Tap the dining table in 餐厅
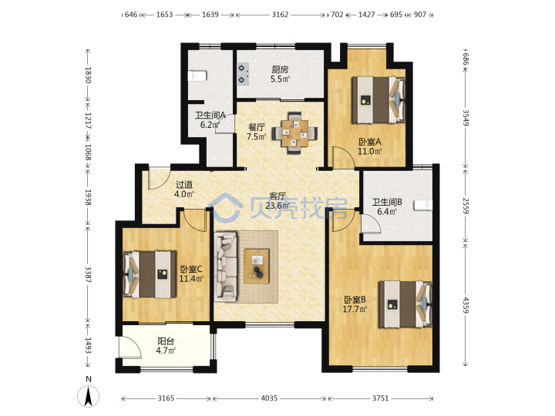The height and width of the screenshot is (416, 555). click(294, 133)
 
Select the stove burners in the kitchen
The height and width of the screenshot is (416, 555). click(243, 74)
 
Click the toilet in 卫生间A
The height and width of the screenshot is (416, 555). click(197, 75)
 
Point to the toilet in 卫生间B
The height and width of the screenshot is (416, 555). click(423, 205)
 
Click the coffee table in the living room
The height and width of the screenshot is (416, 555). click(257, 266)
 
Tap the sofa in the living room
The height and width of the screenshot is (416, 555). click(225, 267)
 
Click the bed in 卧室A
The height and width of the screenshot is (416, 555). click(378, 99)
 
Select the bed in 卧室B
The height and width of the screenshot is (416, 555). click(405, 304)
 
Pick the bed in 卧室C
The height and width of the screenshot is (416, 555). click(150, 274)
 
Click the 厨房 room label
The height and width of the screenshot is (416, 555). click(280, 69)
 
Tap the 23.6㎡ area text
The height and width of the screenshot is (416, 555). click(277, 206)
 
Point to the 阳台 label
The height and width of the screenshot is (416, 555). click(166, 341)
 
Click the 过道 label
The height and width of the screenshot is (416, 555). click(184, 184)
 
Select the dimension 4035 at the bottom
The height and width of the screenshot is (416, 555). click(269, 398)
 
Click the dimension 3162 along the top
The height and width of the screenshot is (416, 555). click(280, 15)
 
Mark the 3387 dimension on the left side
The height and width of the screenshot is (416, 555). click(88, 274)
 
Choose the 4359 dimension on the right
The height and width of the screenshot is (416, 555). click(466, 305)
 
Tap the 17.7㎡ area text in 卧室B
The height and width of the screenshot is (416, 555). click(355, 309)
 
